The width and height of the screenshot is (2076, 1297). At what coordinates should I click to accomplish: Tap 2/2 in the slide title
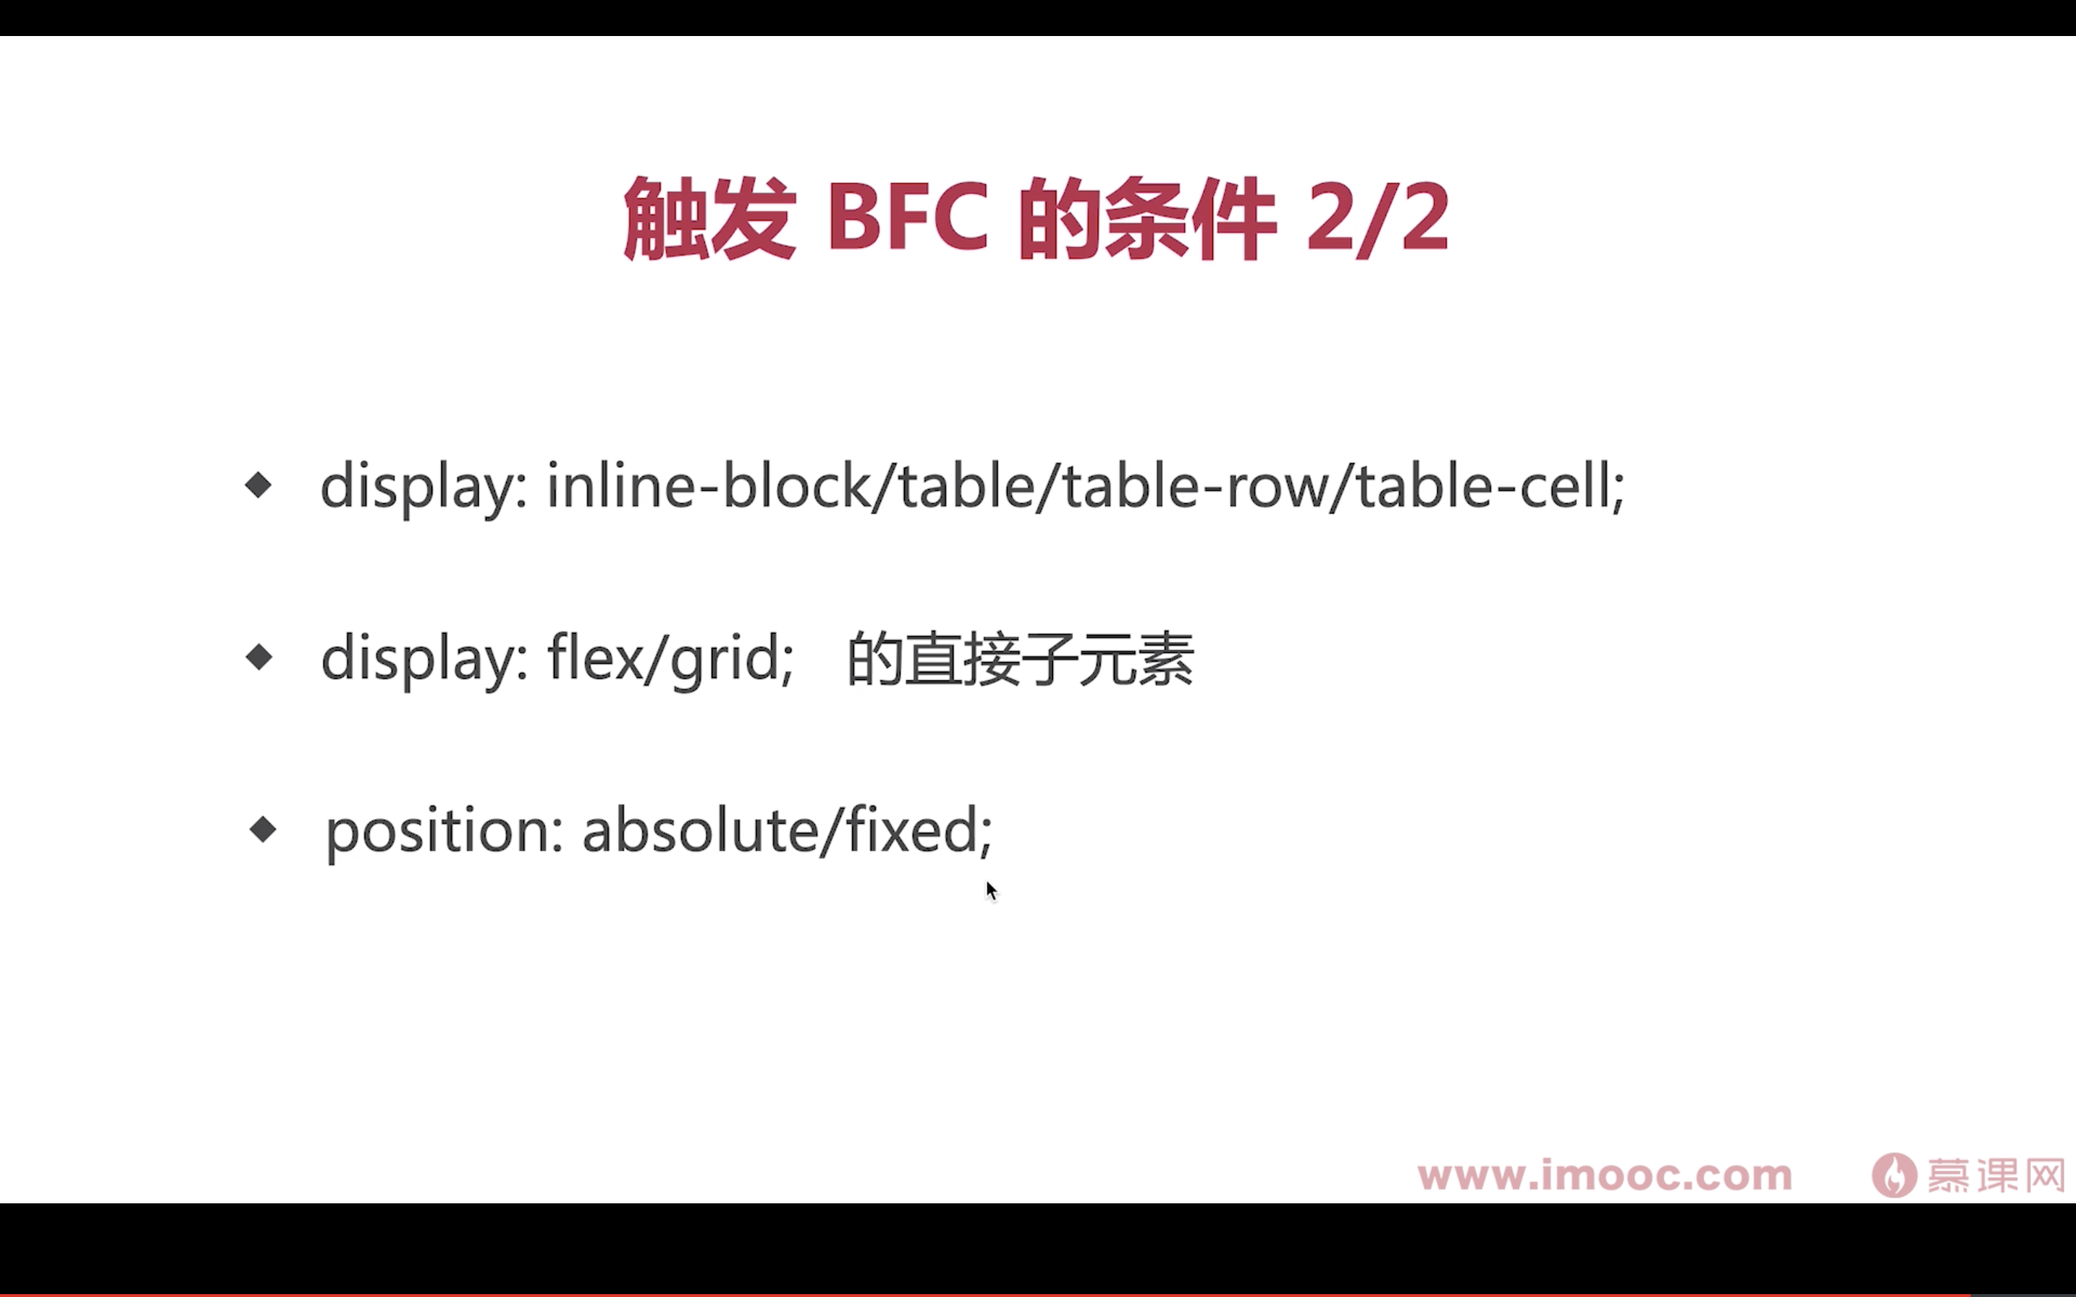pyautogui.click(x=1378, y=219)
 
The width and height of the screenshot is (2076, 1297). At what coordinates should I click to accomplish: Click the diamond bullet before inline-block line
pyautogui.click(x=258, y=486)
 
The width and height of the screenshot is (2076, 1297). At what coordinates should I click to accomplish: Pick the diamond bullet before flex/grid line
pyautogui.click(x=258, y=658)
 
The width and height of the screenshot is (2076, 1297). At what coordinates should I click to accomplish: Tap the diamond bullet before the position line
pyautogui.click(x=262, y=829)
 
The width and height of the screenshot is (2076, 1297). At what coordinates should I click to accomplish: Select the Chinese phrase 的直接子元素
pyautogui.click(x=1020, y=659)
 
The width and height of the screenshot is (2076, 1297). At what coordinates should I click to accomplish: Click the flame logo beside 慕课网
pyautogui.click(x=1894, y=1175)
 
